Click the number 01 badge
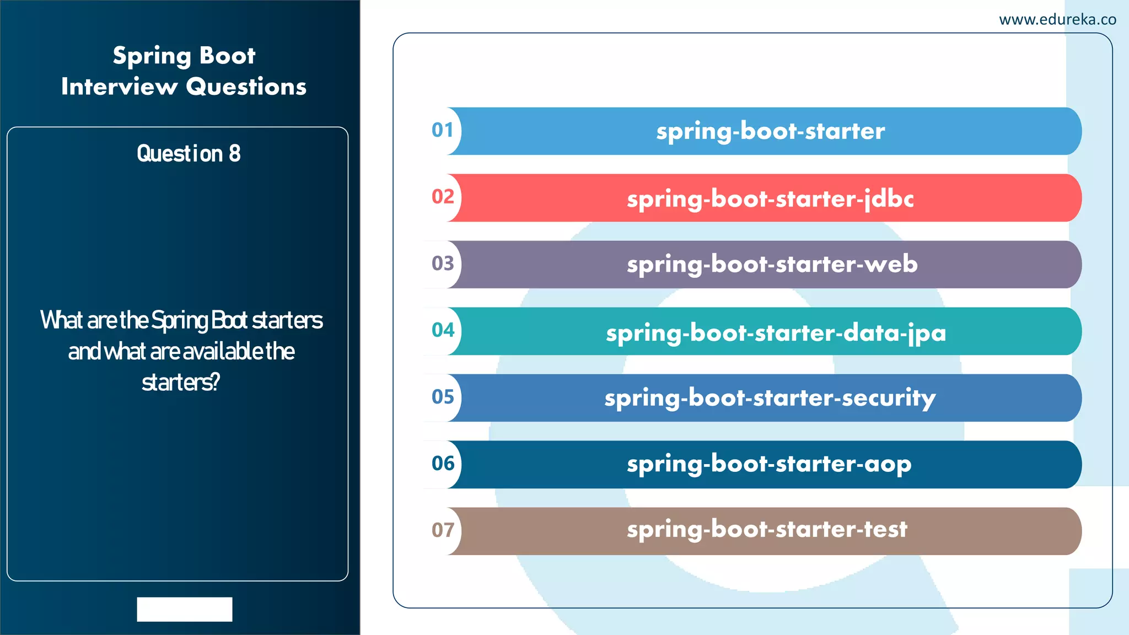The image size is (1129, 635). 443,131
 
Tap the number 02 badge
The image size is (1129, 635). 443,197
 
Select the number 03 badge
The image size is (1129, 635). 443,264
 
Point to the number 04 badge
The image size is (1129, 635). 443,331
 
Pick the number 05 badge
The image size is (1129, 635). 443,397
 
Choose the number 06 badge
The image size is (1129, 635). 443,464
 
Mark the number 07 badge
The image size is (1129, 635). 443,531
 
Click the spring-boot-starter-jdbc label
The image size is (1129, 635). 770,198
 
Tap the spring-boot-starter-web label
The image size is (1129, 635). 772,265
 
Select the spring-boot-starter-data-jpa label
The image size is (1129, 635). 776,332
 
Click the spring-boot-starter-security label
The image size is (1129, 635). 770,398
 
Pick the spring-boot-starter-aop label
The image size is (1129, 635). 769,464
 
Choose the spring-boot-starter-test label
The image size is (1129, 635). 767,530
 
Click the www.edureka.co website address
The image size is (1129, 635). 1057,20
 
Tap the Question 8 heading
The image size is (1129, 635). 189,154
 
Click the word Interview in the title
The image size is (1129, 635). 119,87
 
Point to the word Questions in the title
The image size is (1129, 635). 246,87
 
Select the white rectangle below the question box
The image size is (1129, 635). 185,609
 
